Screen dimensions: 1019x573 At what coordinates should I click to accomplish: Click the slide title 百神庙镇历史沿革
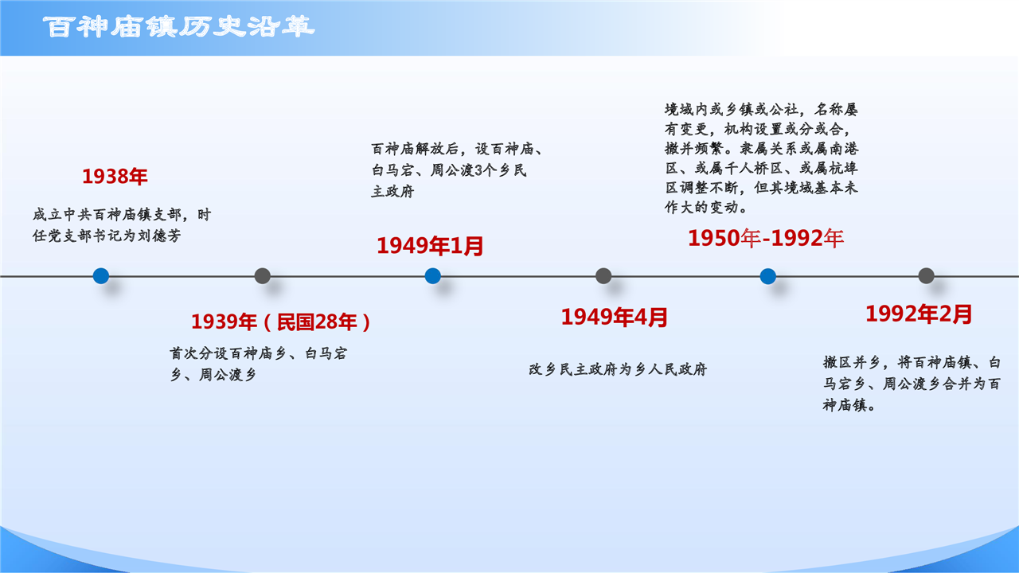[x=179, y=27]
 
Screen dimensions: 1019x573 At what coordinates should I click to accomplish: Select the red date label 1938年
[x=115, y=177]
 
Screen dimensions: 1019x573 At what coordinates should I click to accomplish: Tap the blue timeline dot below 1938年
[x=101, y=276]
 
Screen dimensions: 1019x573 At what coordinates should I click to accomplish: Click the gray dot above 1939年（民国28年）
[x=263, y=276]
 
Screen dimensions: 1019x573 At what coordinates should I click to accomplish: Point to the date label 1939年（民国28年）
[x=281, y=322]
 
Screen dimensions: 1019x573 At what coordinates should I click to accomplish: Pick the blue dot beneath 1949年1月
[x=432, y=276]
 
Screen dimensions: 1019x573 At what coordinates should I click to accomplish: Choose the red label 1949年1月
[x=430, y=246]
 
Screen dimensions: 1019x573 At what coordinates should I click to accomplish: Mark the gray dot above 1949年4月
[x=603, y=276]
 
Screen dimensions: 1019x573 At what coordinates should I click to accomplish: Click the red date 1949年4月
[x=614, y=317]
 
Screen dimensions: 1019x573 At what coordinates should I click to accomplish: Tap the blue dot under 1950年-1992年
[x=768, y=276]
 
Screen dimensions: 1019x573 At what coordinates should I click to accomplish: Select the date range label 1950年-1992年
[x=766, y=238]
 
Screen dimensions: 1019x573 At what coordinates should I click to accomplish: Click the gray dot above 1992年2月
[x=926, y=276]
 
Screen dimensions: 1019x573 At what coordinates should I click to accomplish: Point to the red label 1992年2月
[x=919, y=314]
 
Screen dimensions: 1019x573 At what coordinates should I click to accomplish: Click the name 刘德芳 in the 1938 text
[x=160, y=236]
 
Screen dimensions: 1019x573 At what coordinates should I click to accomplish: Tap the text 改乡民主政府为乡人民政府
[x=618, y=369]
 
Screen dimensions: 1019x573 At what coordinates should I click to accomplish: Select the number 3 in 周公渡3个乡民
[x=478, y=170]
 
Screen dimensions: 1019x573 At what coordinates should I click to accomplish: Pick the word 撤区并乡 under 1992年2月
[x=852, y=362]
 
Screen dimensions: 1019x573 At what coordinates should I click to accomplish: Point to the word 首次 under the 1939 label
[x=184, y=353]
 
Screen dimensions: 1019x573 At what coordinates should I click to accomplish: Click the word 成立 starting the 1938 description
[x=47, y=214]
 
